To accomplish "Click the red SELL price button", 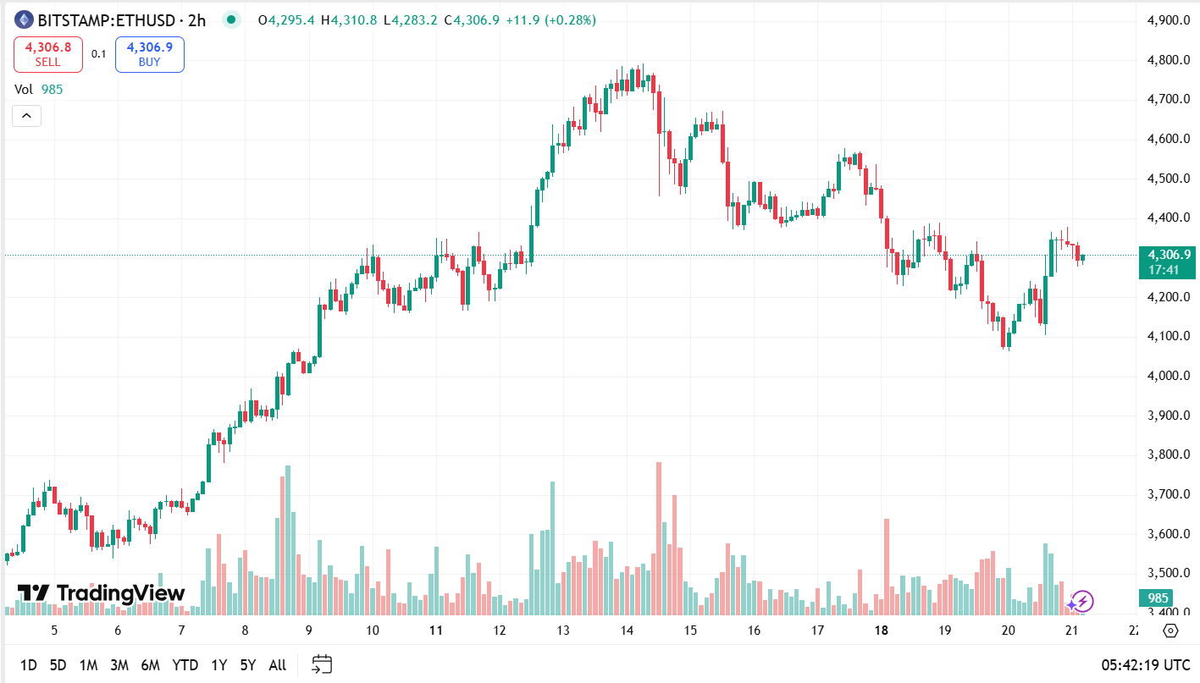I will (x=47, y=54).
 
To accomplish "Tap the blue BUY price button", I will (x=149, y=54).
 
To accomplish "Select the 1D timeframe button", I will (x=28, y=665).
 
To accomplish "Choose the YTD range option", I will (x=185, y=665).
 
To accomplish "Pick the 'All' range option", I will (x=277, y=665).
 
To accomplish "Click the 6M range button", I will (x=150, y=665).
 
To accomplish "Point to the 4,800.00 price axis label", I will (x=1167, y=60).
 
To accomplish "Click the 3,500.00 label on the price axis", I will (x=1167, y=574).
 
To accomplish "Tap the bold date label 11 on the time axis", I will (x=436, y=631).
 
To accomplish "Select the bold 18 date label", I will (x=882, y=631).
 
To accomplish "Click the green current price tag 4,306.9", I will (x=1167, y=255).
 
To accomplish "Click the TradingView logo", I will (x=101, y=593).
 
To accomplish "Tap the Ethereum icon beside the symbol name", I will (x=24, y=19).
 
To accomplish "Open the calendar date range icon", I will (x=322, y=665).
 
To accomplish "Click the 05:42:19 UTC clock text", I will (x=1146, y=665).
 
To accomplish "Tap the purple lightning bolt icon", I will (x=1081, y=602).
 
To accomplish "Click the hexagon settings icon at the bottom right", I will (x=1170, y=631).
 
